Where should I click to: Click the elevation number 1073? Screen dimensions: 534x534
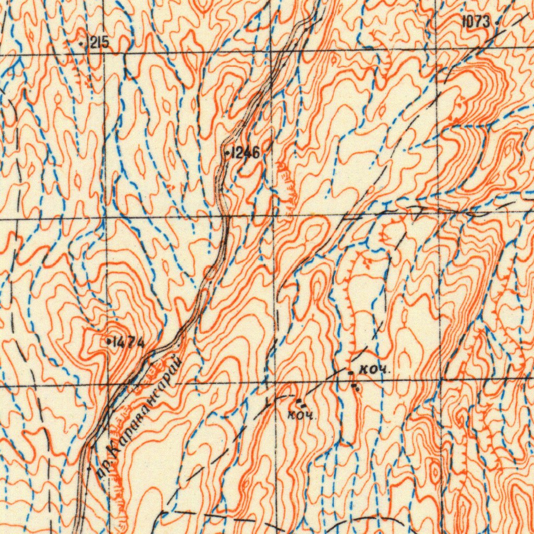click(x=476, y=21)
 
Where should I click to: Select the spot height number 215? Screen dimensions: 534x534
click(x=99, y=43)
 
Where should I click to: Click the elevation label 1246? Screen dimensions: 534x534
click(x=244, y=153)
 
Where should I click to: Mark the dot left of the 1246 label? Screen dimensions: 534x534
click(x=226, y=153)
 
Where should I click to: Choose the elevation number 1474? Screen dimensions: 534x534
click(x=128, y=343)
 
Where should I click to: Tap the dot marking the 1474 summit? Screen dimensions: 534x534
click(x=108, y=342)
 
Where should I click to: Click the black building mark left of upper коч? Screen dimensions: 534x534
click(x=350, y=372)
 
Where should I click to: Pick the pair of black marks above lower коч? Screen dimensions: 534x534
click(x=301, y=402)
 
